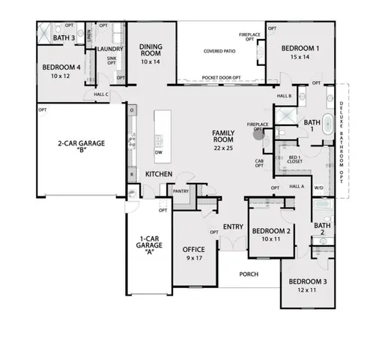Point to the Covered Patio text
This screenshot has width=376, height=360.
click(219, 52)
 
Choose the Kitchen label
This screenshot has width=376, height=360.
click(159, 174)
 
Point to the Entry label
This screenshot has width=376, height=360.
click(233, 226)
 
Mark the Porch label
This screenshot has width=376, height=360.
click(249, 274)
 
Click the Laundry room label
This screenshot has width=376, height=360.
click(110, 49)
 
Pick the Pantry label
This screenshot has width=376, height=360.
click(181, 191)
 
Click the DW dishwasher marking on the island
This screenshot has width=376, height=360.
click(159, 152)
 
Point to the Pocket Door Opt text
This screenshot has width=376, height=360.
click(220, 78)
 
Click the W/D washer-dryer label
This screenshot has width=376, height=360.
click(318, 187)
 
